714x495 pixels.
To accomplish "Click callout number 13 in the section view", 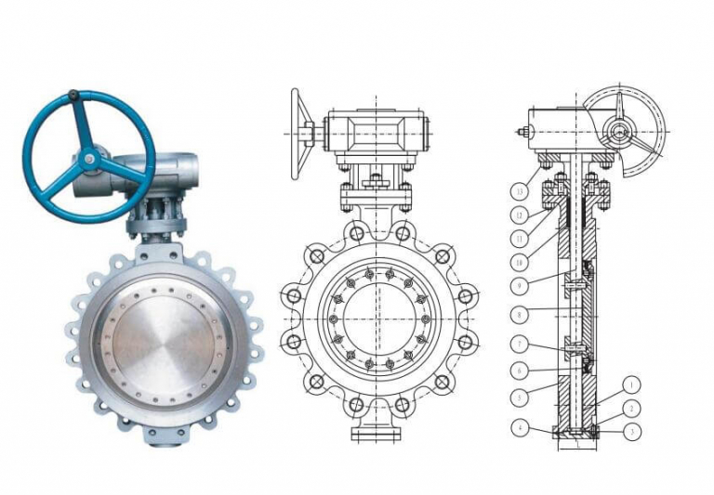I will [x=519, y=191].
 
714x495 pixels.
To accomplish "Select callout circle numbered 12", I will [x=519, y=215].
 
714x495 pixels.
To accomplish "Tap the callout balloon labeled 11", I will [x=519, y=239].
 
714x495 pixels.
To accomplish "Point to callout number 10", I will [x=519, y=264].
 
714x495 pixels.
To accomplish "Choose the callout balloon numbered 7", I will [x=519, y=345].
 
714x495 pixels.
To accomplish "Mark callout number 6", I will [x=519, y=371].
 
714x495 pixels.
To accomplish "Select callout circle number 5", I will [x=519, y=397].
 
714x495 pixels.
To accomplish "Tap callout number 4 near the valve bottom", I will [x=519, y=427].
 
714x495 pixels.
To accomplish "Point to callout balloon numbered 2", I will [x=631, y=408].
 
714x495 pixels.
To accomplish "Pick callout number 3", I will [x=631, y=431].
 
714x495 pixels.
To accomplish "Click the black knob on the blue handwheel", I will [x=73, y=95].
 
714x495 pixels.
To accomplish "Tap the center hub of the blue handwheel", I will [x=88, y=160].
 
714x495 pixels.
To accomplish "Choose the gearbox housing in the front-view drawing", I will [x=376, y=134].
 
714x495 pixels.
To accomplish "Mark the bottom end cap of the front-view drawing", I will [x=376, y=433].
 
